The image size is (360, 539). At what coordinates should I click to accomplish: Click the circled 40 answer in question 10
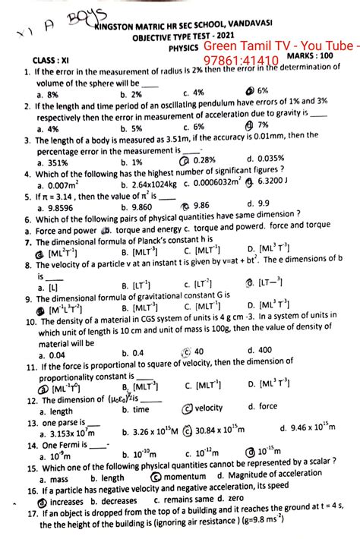point(197,351)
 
